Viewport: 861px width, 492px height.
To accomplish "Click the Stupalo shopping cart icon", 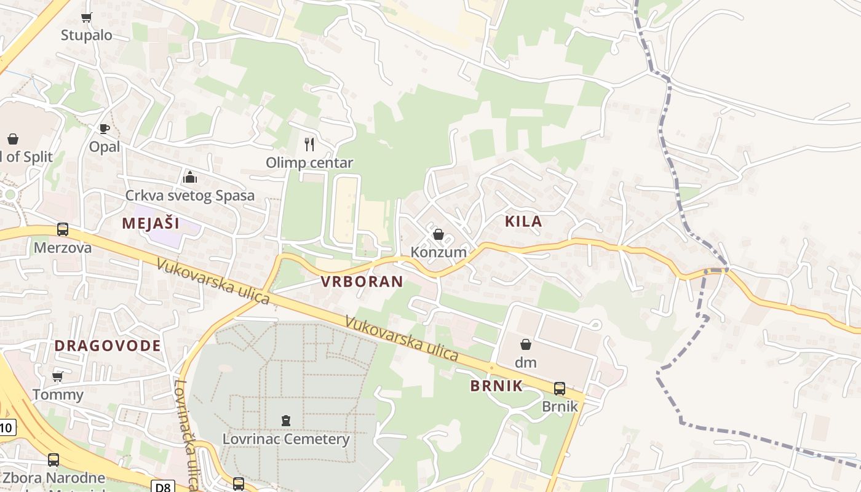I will [x=86, y=18].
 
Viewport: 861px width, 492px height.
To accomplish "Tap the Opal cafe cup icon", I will [x=104, y=129].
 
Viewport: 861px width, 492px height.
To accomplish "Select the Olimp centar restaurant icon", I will [x=309, y=145].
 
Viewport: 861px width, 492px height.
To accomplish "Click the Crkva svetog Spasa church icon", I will [x=190, y=178].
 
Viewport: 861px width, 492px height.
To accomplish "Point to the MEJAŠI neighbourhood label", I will [x=151, y=223].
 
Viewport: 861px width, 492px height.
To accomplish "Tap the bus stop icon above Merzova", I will [x=63, y=229].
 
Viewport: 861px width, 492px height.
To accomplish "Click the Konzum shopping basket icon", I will [x=438, y=234].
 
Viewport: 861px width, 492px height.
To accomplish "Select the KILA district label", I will [x=523, y=222].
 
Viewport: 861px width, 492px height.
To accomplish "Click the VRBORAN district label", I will [x=362, y=282].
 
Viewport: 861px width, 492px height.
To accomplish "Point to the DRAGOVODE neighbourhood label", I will [x=108, y=346].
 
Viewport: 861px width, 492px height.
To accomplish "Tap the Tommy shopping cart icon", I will [x=58, y=376].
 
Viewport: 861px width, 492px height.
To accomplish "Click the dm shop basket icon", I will [x=526, y=344].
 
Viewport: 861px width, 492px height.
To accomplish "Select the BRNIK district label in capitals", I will [x=496, y=386].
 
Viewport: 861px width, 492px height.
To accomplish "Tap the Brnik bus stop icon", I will [x=559, y=389].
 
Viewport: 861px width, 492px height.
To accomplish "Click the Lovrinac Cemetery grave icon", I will [x=285, y=421].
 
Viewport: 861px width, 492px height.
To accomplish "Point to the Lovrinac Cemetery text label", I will [x=286, y=439].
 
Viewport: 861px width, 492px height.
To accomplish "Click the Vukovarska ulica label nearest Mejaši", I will [x=213, y=281].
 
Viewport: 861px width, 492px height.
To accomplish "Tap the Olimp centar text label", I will [x=309, y=163].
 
